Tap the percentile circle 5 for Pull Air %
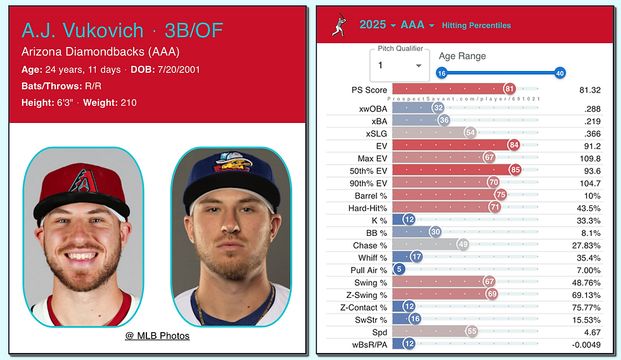pyautogui.click(x=399, y=270)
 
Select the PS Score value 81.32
pyautogui.click(x=590, y=90)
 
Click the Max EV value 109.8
pyautogui.click(x=590, y=158)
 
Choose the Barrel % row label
pyautogui.click(x=371, y=195)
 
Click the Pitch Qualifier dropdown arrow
pyautogui.click(x=418, y=66)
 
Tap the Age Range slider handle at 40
pyautogui.click(x=560, y=73)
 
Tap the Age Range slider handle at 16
pyautogui.click(x=442, y=73)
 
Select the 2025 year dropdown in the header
pyautogui.click(x=378, y=25)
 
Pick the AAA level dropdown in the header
pyautogui.click(x=418, y=25)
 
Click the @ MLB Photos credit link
pyautogui.click(x=157, y=335)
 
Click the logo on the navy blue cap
pyautogui.click(x=231, y=162)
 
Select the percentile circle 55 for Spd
pyautogui.click(x=471, y=332)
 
